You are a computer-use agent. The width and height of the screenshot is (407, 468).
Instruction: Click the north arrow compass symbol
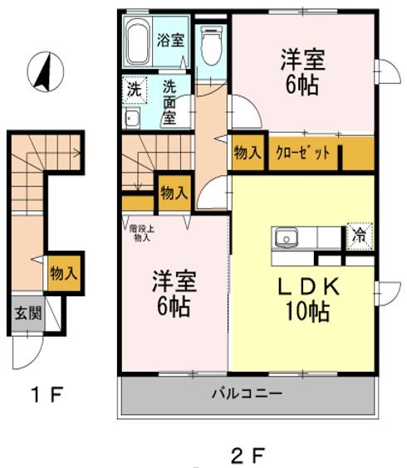[x=41, y=71]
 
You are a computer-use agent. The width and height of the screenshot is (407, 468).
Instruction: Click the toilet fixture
[x=213, y=43]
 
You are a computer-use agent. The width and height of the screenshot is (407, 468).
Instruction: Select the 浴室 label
[x=170, y=40]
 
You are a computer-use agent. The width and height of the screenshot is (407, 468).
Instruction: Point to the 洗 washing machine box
[x=133, y=86]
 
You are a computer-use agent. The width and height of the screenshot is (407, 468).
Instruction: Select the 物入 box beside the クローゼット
[x=248, y=153]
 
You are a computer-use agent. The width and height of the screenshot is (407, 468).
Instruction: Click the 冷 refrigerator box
[x=359, y=236]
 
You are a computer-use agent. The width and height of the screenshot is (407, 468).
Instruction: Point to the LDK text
[x=307, y=286]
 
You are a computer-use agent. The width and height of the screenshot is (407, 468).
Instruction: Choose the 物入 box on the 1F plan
[x=63, y=272]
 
